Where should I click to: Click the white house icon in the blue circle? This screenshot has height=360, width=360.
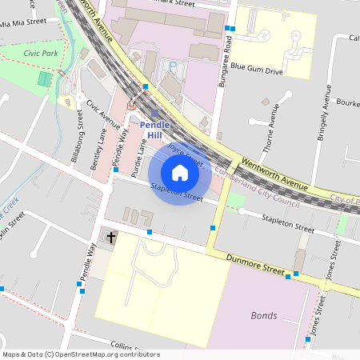click(180, 172)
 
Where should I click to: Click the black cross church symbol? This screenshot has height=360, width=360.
click(111, 238)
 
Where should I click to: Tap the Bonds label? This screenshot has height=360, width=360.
click(264, 315)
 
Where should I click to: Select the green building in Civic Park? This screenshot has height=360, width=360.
click(45, 80)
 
